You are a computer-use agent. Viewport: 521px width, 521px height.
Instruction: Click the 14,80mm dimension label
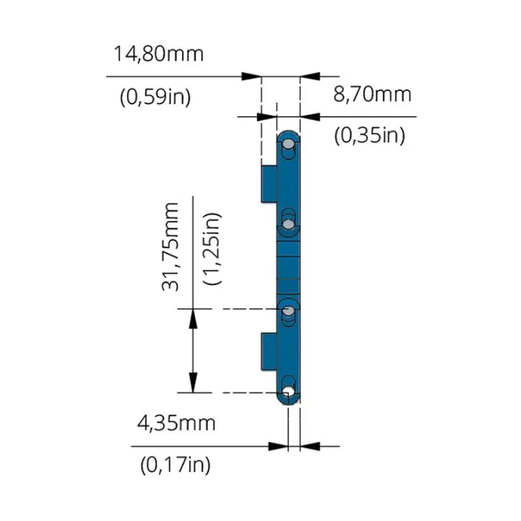pyautogui.click(x=158, y=53)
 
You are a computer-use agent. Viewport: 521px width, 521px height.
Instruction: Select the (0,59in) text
pyautogui.click(x=155, y=97)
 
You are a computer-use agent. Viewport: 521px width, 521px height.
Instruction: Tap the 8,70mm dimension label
pyautogui.click(x=372, y=94)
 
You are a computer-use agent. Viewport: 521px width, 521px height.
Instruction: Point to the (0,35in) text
pyautogui.click(x=370, y=135)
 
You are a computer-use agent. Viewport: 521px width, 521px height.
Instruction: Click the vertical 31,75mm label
pyautogui.click(x=170, y=247)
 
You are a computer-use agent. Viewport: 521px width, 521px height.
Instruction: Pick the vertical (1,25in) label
pyautogui.click(x=212, y=249)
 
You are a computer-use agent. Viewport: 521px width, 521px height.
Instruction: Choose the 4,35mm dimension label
pyautogui.click(x=176, y=424)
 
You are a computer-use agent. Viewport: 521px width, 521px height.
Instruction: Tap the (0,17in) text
pyautogui.click(x=176, y=465)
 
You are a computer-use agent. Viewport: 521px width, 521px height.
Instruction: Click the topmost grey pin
pyautogui.click(x=288, y=144)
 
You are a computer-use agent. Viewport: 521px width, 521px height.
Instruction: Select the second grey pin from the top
pyautogui.click(x=288, y=224)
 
